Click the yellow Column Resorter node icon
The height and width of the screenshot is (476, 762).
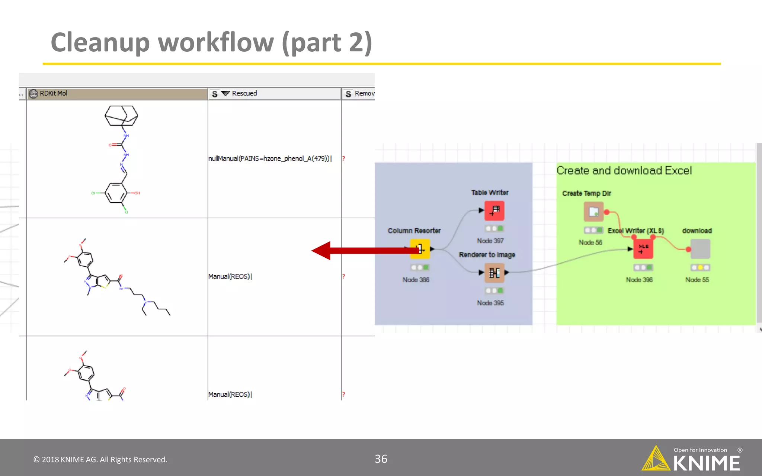pos(420,249)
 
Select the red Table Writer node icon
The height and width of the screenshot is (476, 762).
pos(494,211)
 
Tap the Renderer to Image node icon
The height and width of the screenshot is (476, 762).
pos(494,273)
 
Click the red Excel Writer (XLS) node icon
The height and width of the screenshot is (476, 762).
pos(643,249)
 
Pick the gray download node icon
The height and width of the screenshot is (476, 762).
pos(700,249)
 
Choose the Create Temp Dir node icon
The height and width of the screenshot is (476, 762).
pos(593,212)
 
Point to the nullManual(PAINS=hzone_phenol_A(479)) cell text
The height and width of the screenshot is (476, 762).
pos(270,159)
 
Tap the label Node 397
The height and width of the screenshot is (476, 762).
pos(490,241)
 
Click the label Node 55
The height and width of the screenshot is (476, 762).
pos(697,280)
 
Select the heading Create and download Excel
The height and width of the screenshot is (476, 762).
pos(624,171)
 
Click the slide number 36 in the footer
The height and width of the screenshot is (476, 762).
pos(381,459)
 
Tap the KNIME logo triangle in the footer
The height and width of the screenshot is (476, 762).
pos(656,459)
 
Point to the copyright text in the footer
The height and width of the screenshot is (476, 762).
pos(100,460)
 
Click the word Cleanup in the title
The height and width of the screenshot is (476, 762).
pos(100,42)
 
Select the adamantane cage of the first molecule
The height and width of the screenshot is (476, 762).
pos(121,115)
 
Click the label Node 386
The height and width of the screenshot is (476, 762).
pos(416,280)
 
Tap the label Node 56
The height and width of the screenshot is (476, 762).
pos(590,242)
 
